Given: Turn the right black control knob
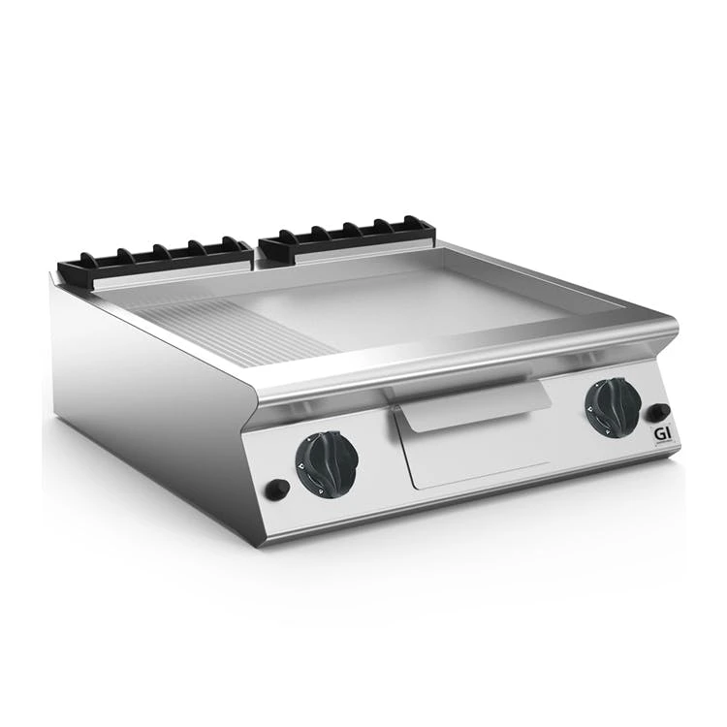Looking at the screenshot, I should (x=613, y=407).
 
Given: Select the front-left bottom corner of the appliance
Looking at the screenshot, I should (x=260, y=543).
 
